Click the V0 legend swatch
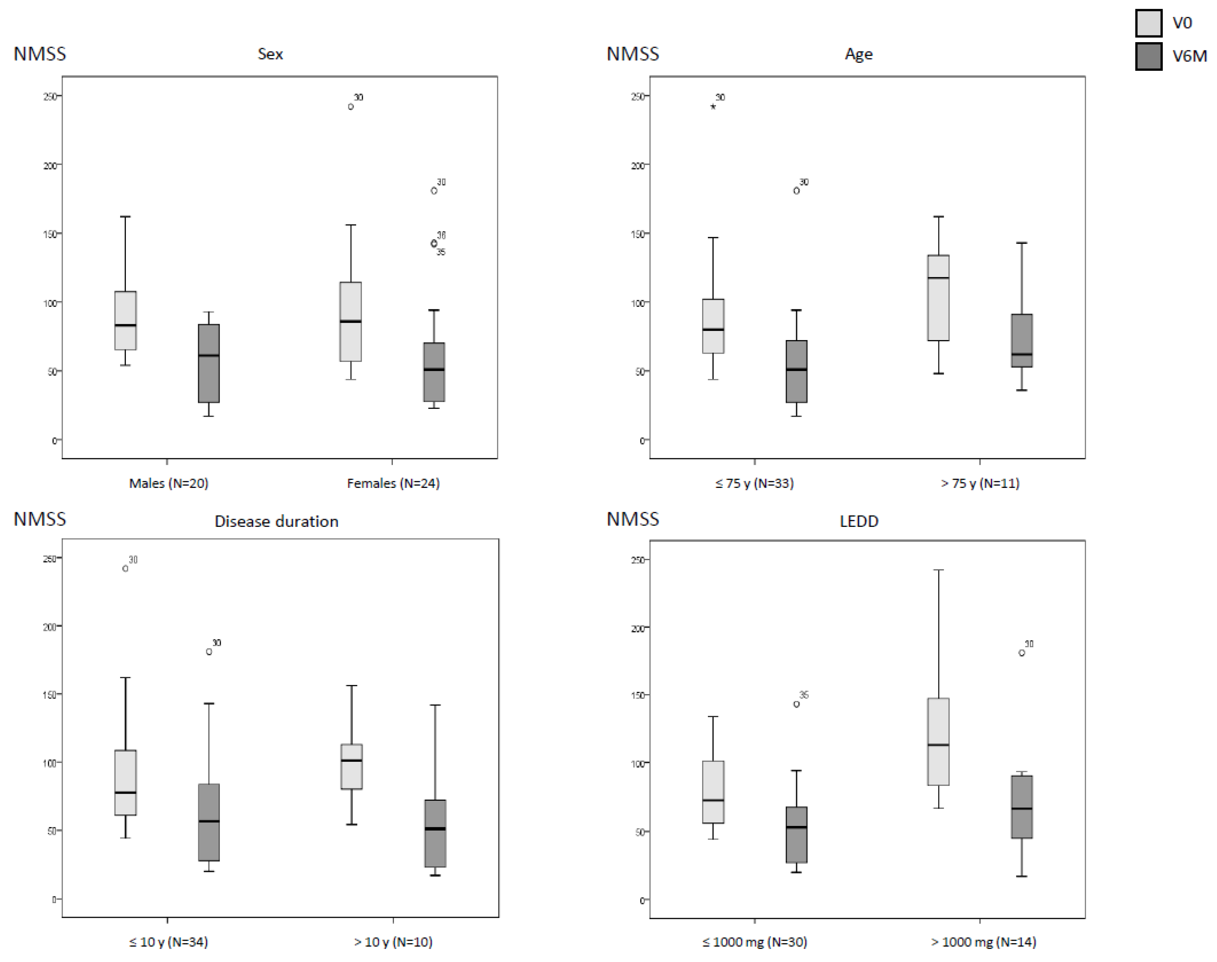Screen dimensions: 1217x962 pos(1148,23)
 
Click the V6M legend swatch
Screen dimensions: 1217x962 pos(1148,56)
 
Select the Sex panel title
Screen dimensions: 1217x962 pos(270,54)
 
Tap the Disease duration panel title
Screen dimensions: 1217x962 pos(276,521)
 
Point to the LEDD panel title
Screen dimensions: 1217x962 pos(858,521)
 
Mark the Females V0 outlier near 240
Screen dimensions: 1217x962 pos(351,106)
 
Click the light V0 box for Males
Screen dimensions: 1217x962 pos(125,320)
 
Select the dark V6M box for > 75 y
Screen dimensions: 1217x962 pos(1021,340)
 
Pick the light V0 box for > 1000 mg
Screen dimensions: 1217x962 pos(938,741)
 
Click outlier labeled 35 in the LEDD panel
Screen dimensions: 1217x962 pos(796,704)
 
